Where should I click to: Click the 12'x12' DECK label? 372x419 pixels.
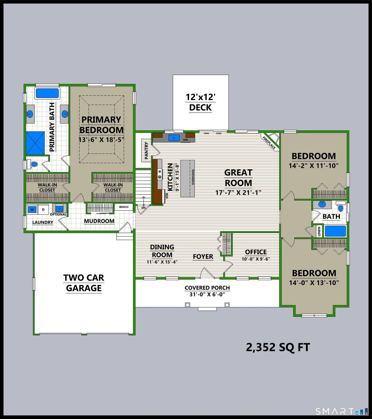coord(201,102)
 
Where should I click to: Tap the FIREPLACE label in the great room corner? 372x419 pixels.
coord(269,142)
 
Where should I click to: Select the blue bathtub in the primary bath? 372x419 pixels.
coord(47,93)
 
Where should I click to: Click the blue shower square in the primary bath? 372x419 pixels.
coord(35,143)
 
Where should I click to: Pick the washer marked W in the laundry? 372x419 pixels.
coord(32,209)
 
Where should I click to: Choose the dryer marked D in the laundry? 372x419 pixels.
coord(43,209)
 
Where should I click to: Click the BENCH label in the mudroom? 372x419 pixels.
coord(124,207)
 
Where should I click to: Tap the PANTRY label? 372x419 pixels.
coord(146,150)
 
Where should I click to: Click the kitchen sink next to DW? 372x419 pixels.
coord(174,138)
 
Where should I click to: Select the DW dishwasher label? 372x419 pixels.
coord(185,140)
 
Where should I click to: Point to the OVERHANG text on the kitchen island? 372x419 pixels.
coord(193,177)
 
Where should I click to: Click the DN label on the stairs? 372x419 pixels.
coord(143,208)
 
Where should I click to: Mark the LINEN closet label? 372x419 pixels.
coord(319,231)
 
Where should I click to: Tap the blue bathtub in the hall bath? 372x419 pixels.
coord(335,231)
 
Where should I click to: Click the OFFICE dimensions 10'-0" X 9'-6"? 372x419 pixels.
coord(256,259)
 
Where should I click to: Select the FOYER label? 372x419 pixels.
coord(203,257)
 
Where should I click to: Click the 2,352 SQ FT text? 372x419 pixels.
coord(278,347)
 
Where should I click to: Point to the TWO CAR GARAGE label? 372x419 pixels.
coord(84,283)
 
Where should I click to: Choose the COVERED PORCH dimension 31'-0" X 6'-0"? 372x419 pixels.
coord(207,294)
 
